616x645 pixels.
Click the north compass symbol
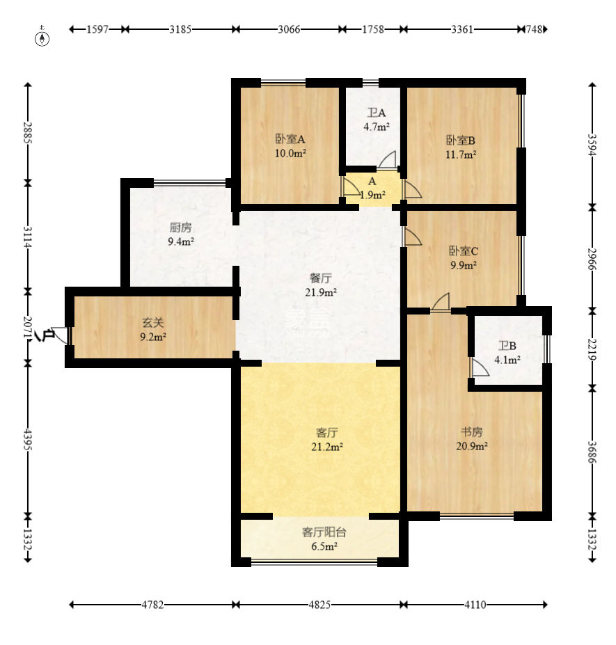coord(42,37)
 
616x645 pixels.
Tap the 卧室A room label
coord(290,139)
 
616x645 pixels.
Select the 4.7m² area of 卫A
coord(377,127)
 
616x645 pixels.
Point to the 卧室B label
coord(461,141)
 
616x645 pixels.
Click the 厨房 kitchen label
coord(181,228)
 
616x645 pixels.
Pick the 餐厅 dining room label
coord(321,278)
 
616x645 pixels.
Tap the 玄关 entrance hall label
coord(153,323)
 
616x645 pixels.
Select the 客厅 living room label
coord(327,432)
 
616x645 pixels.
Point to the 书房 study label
coord(471,431)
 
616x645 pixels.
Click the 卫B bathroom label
coord(507,346)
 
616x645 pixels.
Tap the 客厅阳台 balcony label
coord(324,532)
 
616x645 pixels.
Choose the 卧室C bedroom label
coord(464,251)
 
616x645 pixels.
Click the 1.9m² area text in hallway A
coord(373,195)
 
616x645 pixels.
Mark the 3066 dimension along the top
coord(289,29)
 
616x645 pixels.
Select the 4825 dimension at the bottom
coord(319,604)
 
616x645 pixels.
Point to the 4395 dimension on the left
coord(28,439)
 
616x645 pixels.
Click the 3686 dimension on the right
coord(592,452)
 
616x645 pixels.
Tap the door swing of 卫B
coord(479,367)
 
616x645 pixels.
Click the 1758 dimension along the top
coord(373,29)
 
